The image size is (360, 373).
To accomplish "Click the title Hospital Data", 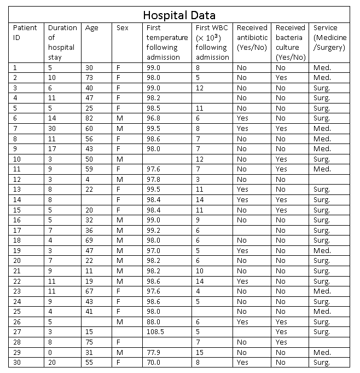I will pyautogui.click(x=179, y=15).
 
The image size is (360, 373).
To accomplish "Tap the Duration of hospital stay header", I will pyautogui.click(x=62, y=42).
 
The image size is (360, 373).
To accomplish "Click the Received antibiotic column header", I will pyautogui.click(x=252, y=37).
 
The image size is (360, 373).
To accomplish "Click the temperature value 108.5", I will pyautogui.click(x=156, y=332).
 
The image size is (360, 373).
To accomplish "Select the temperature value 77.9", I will pyautogui.click(x=154, y=352).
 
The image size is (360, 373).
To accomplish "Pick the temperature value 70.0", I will pyautogui.click(x=154, y=363).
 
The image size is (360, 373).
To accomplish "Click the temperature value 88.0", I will pyautogui.click(x=154, y=322).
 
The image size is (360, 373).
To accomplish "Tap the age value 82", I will pyautogui.click(x=89, y=118).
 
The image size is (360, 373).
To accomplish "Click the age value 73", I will pyautogui.click(x=89, y=78).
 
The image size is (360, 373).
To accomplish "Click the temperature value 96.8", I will pyautogui.click(x=154, y=118).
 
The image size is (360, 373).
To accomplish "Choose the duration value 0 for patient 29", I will pyautogui.click(x=50, y=352).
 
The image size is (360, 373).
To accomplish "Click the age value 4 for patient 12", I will pyautogui.click(x=88, y=179).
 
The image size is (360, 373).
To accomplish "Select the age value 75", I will pyautogui.click(x=89, y=342).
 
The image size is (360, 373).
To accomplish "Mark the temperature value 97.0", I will pyautogui.click(x=154, y=250).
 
